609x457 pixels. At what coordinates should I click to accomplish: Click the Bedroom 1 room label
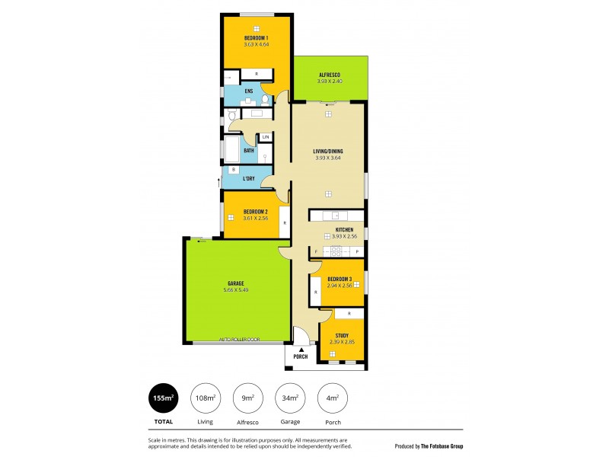click(256, 38)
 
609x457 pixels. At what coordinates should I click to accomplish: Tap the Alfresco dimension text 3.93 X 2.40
click(330, 81)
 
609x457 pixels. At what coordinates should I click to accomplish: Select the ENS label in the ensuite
click(249, 91)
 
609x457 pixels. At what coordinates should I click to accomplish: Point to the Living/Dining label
click(328, 152)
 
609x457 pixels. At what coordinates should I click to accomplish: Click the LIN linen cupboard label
click(266, 137)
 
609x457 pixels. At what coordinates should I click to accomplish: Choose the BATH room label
click(249, 151)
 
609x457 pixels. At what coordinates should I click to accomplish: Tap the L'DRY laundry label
click(249, 179)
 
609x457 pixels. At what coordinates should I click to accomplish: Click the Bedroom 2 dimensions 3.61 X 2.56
click(256, 219)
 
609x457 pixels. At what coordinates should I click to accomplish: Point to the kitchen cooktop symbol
click(335, 251)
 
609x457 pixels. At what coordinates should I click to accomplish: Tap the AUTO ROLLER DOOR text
click(239, 339)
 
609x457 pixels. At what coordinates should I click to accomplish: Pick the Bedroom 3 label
click(340, 280)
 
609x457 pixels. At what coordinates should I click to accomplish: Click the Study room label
click(342, 335)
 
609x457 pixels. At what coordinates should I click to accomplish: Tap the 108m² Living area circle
click(205, 398)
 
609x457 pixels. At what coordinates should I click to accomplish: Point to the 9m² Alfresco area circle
click(247, 398)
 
